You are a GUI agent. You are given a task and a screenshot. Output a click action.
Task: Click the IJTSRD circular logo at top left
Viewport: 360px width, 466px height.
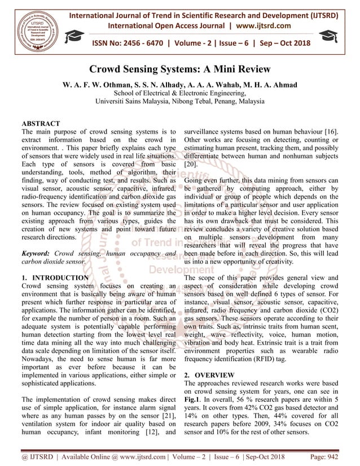[x=35, y=28]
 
